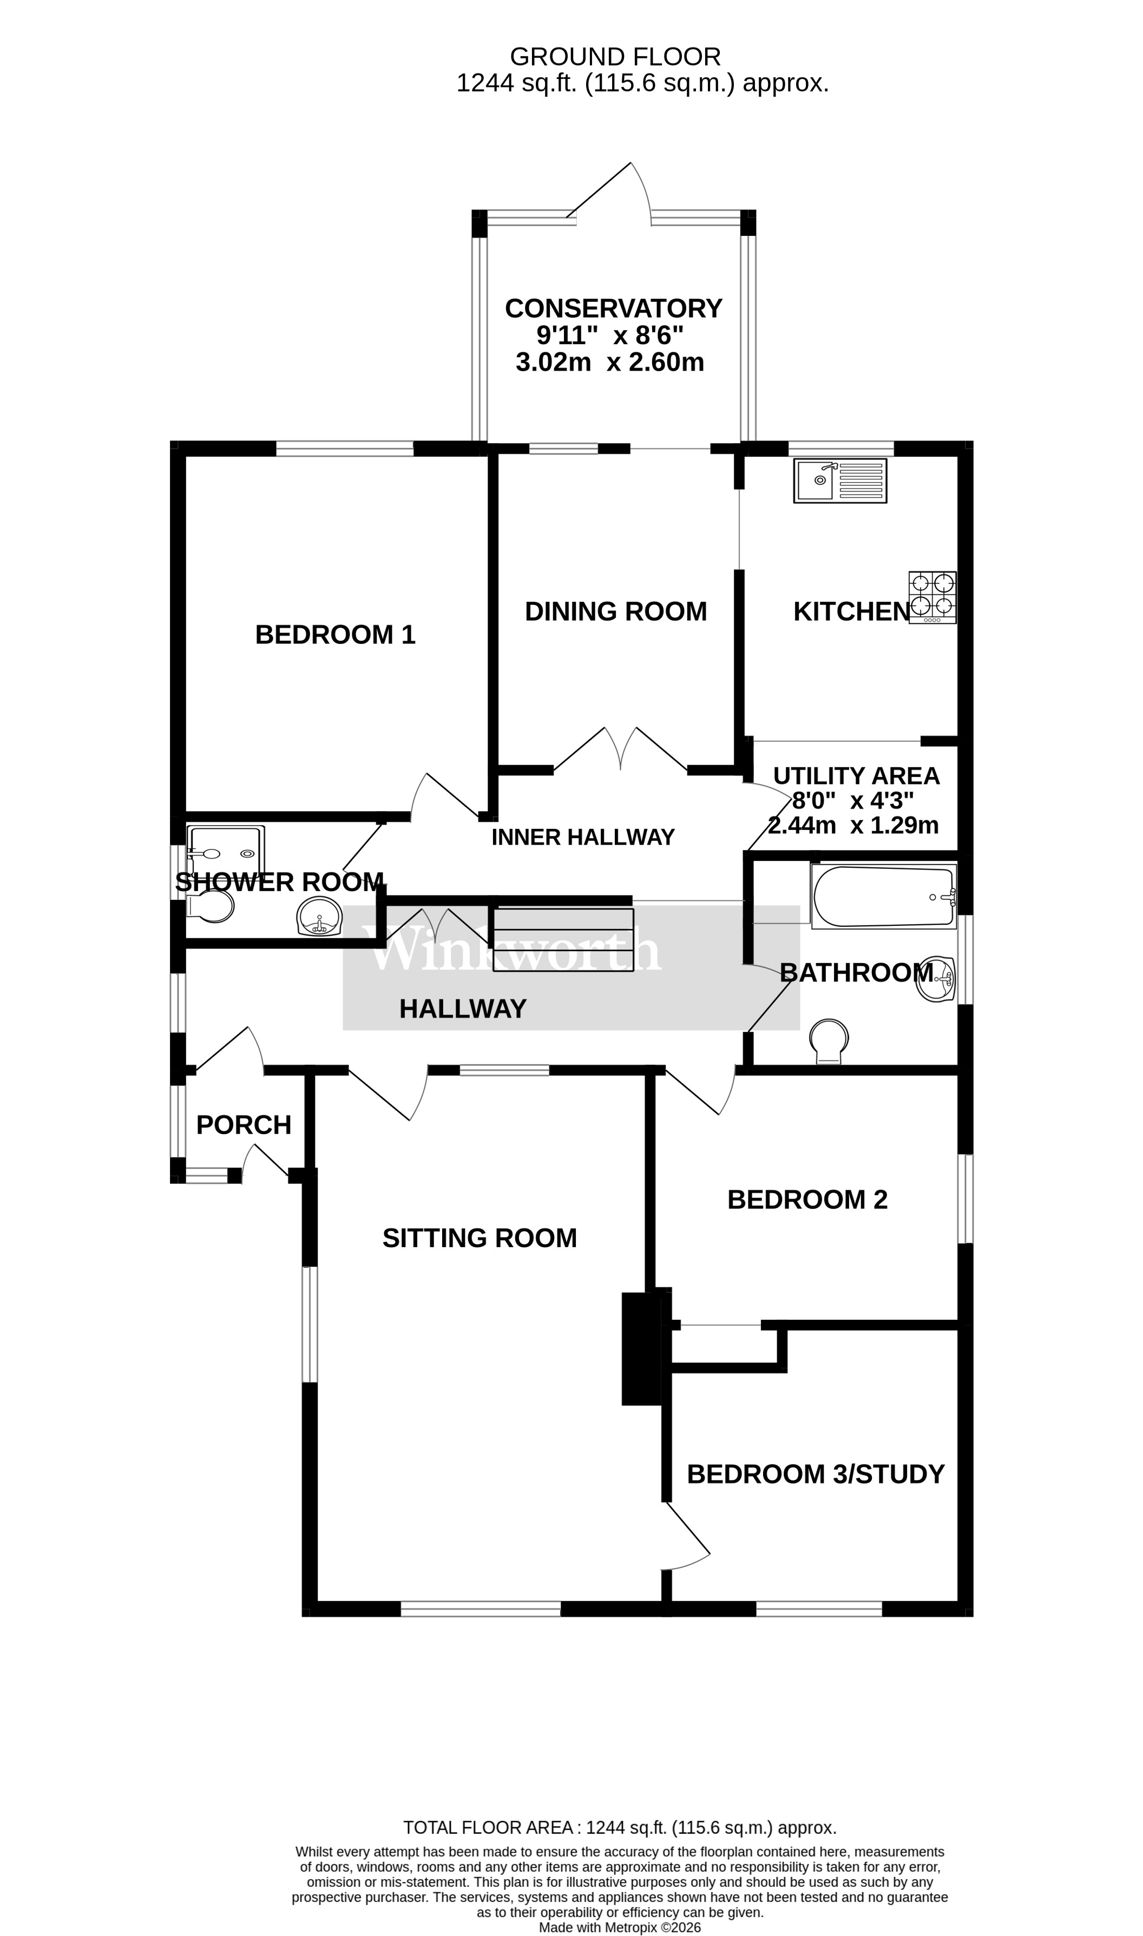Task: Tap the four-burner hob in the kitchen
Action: [932, 597]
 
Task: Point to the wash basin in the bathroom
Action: [935, 979]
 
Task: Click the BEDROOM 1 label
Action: [335, 635]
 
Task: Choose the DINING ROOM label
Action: [615, 611]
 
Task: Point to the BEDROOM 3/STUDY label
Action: [815, 1474]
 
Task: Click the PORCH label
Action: [244, 1125]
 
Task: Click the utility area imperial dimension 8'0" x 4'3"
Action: [853, 800]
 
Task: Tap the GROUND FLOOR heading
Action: [615, 56]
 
